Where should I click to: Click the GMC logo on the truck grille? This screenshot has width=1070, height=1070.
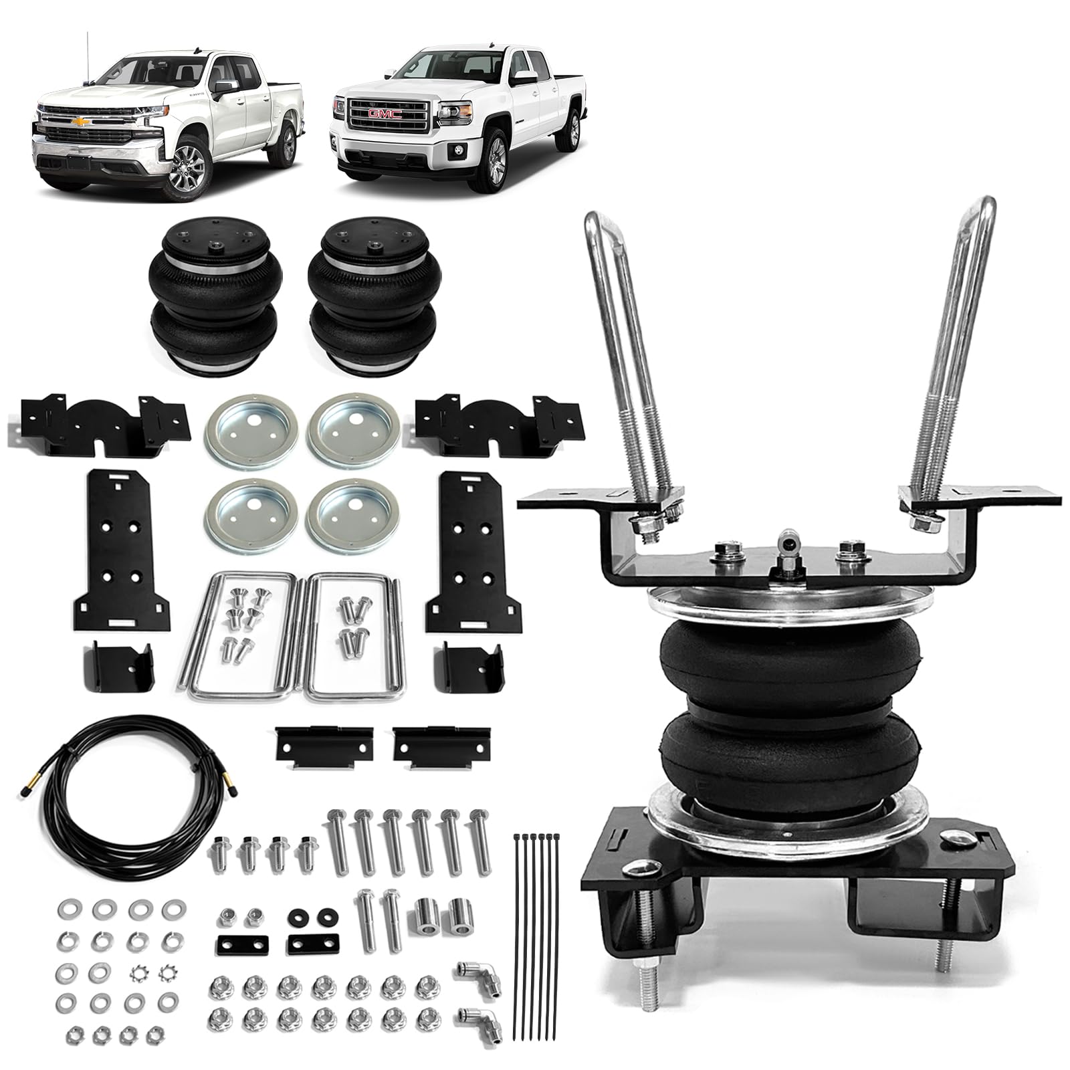[x=384, y=115]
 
